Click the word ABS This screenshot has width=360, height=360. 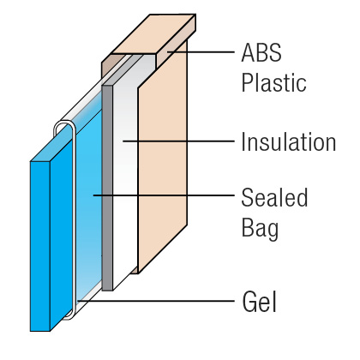point(261,52)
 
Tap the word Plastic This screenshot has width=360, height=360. point(273,82)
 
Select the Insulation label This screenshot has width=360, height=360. point(289,141)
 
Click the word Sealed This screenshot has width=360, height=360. point(274,197)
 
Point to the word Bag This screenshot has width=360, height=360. point(260,229)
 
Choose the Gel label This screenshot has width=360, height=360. point(260,302)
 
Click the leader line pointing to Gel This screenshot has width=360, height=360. point(156,301)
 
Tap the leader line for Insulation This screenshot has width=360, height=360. point(178,141)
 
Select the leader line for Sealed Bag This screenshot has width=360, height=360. point(164,195)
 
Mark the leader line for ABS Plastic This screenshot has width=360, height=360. point(201,52)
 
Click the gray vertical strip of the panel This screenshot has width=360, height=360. point(107,187)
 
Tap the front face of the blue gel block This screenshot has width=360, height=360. point(40,246)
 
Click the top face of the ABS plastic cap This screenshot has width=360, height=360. point(153,34)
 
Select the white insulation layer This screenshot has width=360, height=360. point(125,177)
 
